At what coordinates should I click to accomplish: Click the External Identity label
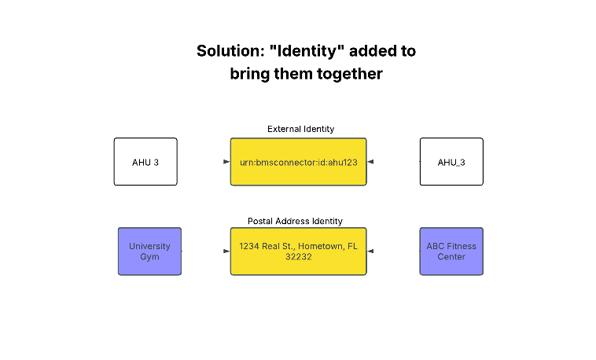[x=300, y=129]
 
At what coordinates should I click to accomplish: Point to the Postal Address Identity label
[x=295, y=222]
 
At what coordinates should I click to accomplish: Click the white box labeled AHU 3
[x=145, y=162]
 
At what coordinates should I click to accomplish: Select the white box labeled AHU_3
[x=451, y=162]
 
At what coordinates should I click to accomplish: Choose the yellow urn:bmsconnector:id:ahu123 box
[x=298, y=162]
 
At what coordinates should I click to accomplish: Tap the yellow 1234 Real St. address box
[x=298, y=252]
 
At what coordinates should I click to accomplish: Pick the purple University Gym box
[x=149, y=252]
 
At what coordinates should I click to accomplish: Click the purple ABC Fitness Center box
[x=451, y=252]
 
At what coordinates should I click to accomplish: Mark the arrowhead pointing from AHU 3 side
[x=226, y=162]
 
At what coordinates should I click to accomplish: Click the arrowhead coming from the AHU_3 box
[x=370, y=162]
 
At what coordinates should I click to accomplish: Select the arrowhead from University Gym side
[x=226, y=252]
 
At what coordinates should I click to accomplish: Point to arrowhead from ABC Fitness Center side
[x=370, y=252]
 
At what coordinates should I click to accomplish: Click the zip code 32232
[x=298, y=257]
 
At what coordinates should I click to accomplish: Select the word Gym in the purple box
[x=149, y=257]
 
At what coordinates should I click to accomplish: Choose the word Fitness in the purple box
[x=462, y=246]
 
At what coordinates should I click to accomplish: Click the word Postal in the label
[x=261, y=222]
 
